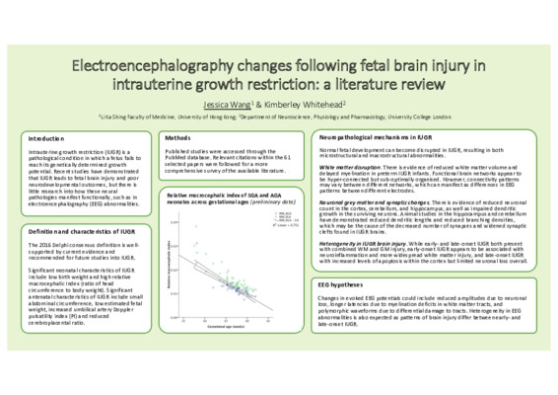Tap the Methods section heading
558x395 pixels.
pos(177,138)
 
